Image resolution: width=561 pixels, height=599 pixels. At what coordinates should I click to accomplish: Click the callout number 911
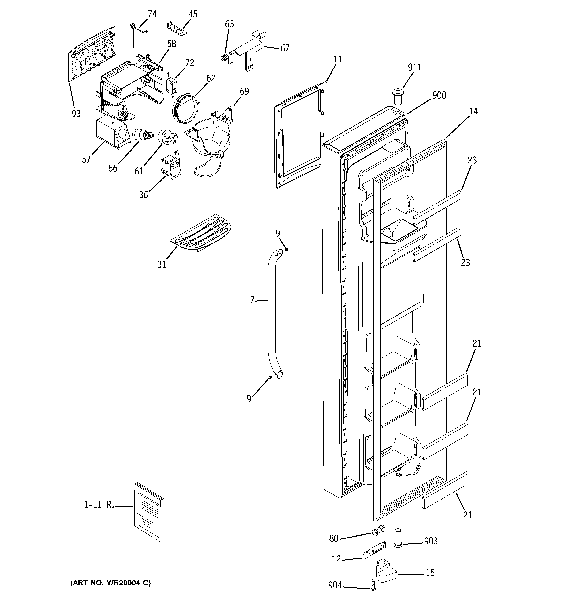(414, 67)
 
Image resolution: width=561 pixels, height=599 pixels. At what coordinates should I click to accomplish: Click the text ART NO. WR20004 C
(111, 583)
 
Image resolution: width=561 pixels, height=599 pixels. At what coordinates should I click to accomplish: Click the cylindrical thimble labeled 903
(398, 538)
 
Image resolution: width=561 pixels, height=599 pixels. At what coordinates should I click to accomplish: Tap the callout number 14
(473, 112)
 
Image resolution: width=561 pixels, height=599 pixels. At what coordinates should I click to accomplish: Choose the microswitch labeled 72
(171, 85)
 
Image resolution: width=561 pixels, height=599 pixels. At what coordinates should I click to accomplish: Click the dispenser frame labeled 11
(300, 136)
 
